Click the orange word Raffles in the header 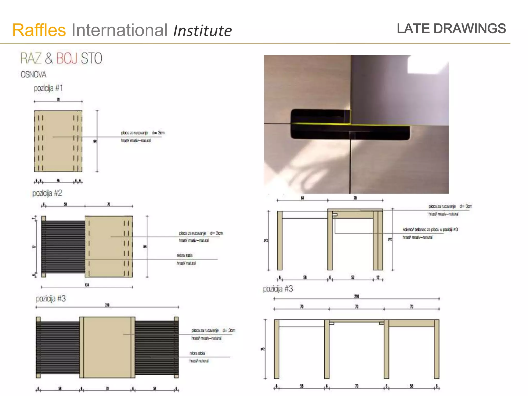[x=39, y=30]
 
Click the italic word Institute [x=202, y=31]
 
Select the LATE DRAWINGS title [x=451, y=28]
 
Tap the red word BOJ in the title [x=67, y=58]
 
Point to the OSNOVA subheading [x=34, y=75]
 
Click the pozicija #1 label [x=48, y=88]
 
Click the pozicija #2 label [x=47, y=193]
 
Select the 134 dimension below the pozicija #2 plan [x=87, y=285]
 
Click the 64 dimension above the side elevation [x=302, y=198]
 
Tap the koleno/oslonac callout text [x=430, y=229]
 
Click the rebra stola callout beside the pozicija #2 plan [x=185, y=255]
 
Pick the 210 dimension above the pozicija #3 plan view [x=107, y=305]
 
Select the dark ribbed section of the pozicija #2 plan [x=63, y=247]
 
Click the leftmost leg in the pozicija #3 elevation [x=277, y=349]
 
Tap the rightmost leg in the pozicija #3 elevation [x=436, y=349]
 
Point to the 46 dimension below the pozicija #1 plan [x=58, y=180]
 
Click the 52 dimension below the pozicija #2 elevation [x=353, y=277]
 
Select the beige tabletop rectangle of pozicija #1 [x=58, y=141]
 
